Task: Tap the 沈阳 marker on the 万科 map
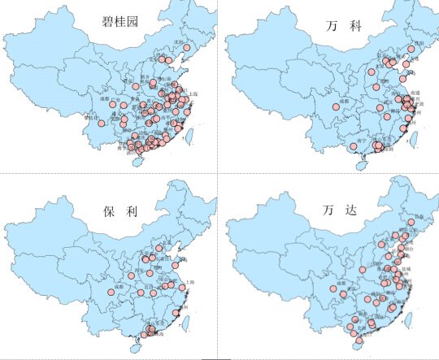(411, 49)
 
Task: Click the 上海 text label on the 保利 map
(190, 281)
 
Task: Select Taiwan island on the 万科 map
(411, 138)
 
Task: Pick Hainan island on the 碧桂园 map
(137, 162)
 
